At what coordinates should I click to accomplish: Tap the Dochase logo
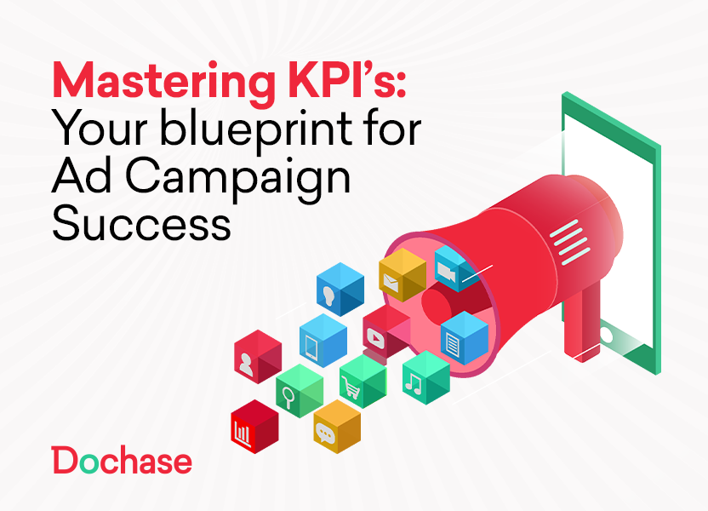pyautogui.click(x=122, y=461)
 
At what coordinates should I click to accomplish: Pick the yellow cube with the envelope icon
pyautogui.click(x=401, y=274)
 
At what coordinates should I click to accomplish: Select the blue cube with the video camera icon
pyautogui.click(x=454, y=268)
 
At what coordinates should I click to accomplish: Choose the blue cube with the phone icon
pyautogui.click(x=323, y=341)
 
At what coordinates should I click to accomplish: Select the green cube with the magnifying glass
pyautogui.click(x=299, y=390)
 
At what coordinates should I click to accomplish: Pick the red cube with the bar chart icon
pyautogui.click(x=254, y=427)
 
